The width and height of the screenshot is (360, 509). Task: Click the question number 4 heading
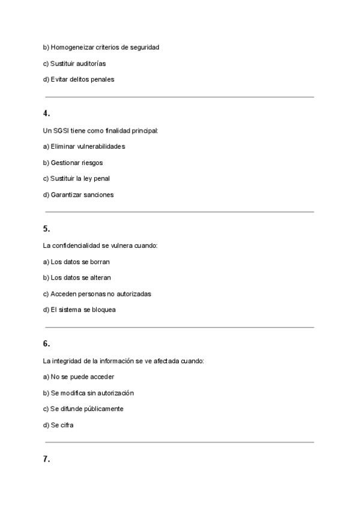tap(46, 113)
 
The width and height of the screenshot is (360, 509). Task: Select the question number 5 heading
tap(46, 228)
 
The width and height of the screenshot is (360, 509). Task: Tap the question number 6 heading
tap(46, 344)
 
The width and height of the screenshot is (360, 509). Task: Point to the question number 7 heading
tap(46, 459)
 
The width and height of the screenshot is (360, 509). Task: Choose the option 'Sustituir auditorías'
tap(74, 63)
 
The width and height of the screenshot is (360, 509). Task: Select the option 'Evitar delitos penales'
tap(78, 79)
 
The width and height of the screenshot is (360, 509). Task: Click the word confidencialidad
tap(76, 245)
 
